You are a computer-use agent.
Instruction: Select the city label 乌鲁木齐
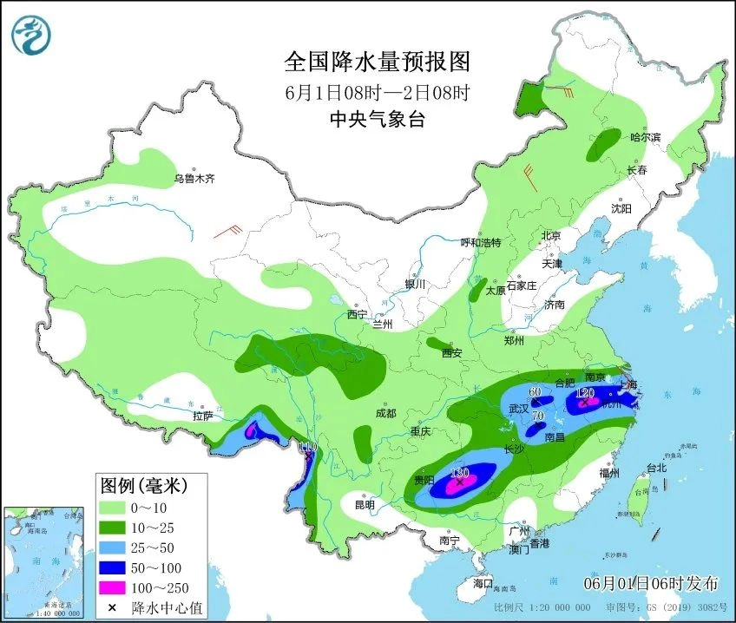[x=193, y=179]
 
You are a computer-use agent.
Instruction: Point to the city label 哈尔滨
[x=645, y=137]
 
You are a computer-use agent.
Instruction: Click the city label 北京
[x=551, y=235]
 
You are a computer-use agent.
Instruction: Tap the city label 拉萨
[x=202, y=416]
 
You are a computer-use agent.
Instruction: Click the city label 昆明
[x=365, y=504]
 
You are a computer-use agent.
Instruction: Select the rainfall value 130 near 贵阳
[x=461, y=472]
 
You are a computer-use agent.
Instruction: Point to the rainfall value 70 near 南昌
[x=537, y=416]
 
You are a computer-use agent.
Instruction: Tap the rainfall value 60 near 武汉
[x=536, y=392]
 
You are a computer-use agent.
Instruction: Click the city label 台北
[x=656, y=468]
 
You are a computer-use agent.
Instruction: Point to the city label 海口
[x=482, y=582]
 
